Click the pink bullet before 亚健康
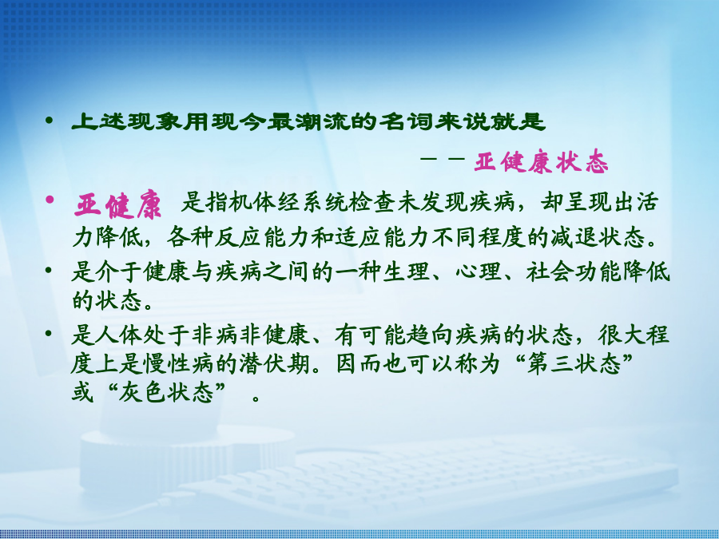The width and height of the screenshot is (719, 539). click(50, 200)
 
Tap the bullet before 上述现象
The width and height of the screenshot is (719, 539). click(49, 121)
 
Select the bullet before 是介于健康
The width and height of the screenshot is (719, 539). click(49, 271)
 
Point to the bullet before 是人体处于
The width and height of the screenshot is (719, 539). click(49, 333)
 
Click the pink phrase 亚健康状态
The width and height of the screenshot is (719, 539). click(541, 162)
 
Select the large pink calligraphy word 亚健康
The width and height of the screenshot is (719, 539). click(118, 206)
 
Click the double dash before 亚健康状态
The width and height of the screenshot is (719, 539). click(443, 159)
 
